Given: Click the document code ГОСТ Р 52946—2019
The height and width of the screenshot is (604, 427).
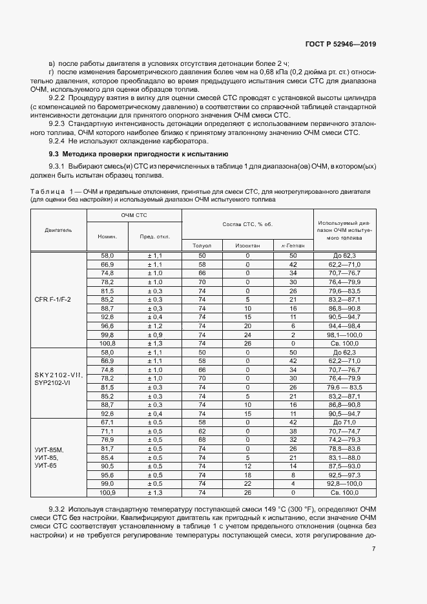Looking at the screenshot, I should tap(340, 44).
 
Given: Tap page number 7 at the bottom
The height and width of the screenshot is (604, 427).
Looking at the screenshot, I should tap(374, 549).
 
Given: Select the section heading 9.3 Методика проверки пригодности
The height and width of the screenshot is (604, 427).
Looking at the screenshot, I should tap(138, 154).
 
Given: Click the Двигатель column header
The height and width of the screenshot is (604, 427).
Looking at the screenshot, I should tap(58, 229).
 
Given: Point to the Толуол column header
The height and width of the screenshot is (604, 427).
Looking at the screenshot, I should tap(202, 245).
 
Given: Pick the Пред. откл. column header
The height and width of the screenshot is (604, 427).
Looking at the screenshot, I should tap(154, 236).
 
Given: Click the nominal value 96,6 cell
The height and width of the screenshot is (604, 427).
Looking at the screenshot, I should tap(107, 326).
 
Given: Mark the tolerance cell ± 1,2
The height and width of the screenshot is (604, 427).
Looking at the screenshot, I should tap(154, 326).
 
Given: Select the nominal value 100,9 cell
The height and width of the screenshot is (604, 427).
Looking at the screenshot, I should tap(107, 492).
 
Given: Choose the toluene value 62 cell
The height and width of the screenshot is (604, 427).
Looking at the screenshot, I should tap(202, 430).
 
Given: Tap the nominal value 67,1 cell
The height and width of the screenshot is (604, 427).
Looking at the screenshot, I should tap(107, 421).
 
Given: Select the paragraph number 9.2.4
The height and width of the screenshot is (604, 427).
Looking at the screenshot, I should tap(57, 141).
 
